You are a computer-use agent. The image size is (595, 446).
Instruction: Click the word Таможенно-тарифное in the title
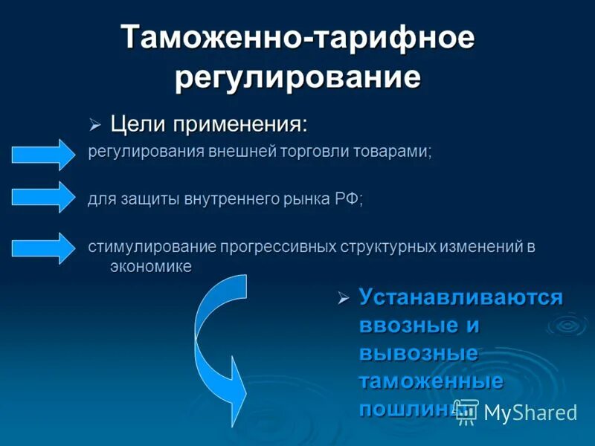pyautogui.click(x=297, y=38)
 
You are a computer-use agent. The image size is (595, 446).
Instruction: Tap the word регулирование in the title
pyautogui.click(x=297, y=77)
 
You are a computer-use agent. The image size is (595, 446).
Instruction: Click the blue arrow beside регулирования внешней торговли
pyautogui.click(x=41, y=155)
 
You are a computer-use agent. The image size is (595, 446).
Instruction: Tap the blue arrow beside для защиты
pyautogui.click(x=41, y=198)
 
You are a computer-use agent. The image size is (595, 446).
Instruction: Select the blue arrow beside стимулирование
pyautogui.click(x=41, y=248)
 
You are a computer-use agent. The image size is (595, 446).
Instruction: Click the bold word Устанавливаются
pyautogui.click(x=460, y=298)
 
